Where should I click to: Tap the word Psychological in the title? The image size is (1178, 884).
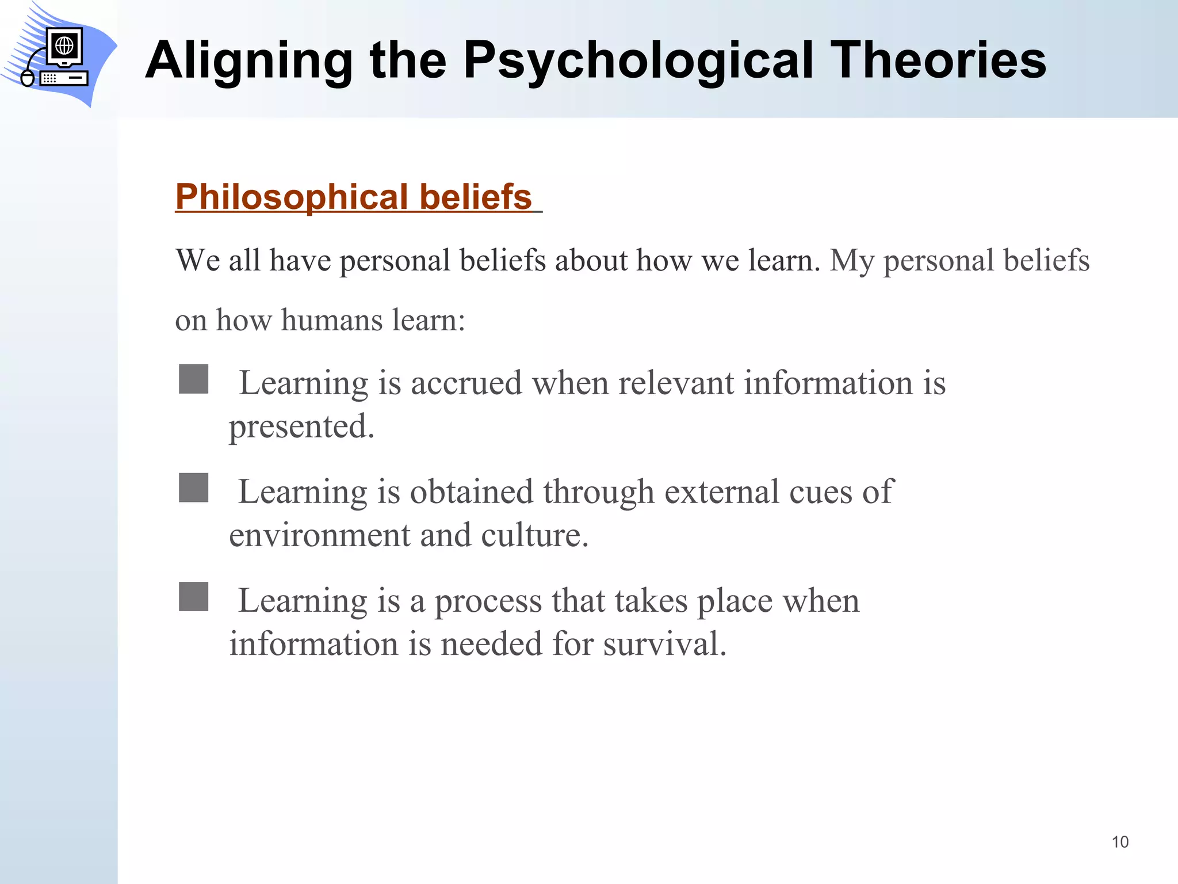click(x=638, y=61)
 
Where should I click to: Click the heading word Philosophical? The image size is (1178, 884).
click(x=290, y=197)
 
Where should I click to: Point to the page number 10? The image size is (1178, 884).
click(x=1119, y=842)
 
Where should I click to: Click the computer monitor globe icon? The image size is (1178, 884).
click(x=64, y=45)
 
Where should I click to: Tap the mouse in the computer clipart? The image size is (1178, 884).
click(x=27, y=78)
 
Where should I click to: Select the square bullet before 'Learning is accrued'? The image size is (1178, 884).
click(x=193, y=379)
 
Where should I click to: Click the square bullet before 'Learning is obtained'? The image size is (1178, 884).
click(x=193, y=488)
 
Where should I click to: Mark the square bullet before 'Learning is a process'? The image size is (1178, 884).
click(x=193, y=597)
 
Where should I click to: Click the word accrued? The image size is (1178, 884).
click(x=466, y=383)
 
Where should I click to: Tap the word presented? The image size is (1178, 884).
click(x=301, y=428)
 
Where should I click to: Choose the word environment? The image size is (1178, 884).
click(x=320, y=535)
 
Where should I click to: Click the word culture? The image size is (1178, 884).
click(x=534, y=535)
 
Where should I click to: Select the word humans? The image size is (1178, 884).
click(x=331, y=320)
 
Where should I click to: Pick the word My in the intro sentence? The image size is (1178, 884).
click(x=851, y=261)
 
